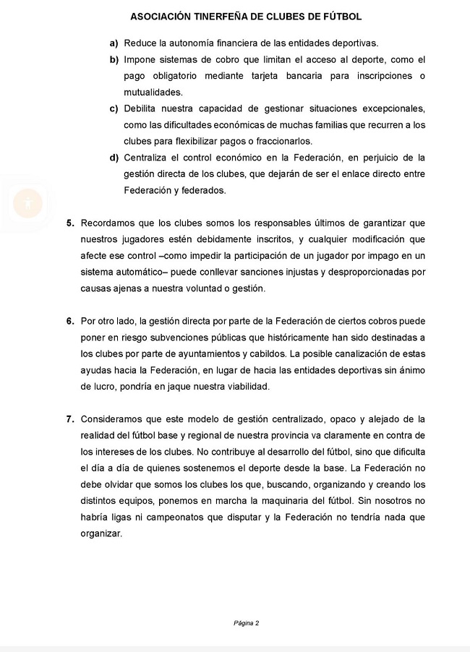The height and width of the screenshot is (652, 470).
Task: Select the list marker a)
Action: [x=114, y=43]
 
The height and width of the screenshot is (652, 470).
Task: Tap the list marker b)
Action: [x=114, y=59]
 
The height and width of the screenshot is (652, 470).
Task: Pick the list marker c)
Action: [x=114, y=108]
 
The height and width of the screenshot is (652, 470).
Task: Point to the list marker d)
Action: [x=114, y=158]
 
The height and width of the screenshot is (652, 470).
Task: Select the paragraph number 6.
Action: [x=70, y=321]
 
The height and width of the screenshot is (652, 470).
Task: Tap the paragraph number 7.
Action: [x=70, y=419]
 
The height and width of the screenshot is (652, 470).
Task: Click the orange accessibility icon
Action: [x=27, y=203]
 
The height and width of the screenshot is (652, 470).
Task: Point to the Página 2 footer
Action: [x=246, y=623]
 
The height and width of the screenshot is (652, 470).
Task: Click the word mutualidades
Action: [x=153, y=92]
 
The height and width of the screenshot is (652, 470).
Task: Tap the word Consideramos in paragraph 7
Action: [x=113, y=419]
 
